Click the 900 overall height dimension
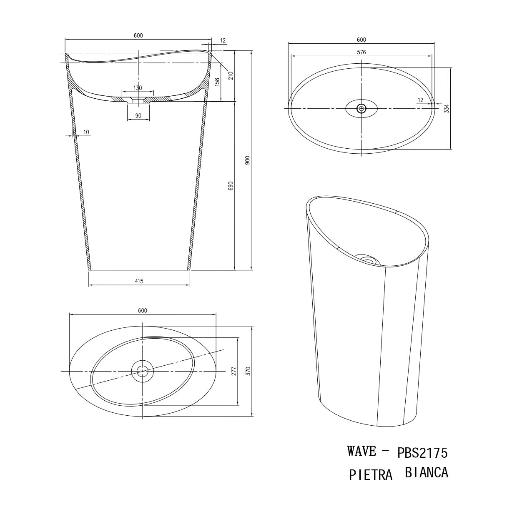[x=247, y=160]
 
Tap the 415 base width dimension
[x=139, y=282]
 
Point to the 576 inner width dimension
[x=361, y=52]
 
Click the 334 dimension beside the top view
[x=447, y=109]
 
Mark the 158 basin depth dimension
[x=217, y=82]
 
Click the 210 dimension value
[x=231, y=75]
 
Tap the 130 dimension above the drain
[x=138, y=88]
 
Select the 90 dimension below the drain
[x=138, y=115]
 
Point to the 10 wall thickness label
[x=86, y=132]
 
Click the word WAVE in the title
[x=362, y=451]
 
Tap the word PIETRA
[x=371, y=475]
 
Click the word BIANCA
[x=426, y=473]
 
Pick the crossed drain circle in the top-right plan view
[x=361, y=109]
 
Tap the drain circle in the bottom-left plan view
[x=143, y=370]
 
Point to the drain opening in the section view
[x=138, y=101]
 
